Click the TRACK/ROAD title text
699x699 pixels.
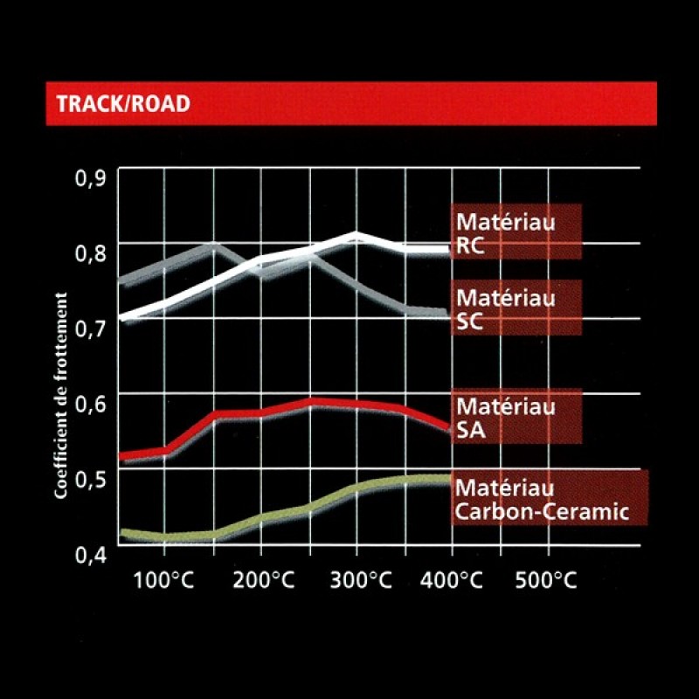(122, 104)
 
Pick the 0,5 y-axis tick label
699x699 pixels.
(91, 478)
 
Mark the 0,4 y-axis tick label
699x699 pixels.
(91, 553)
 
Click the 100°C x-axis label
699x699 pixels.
(165, 582)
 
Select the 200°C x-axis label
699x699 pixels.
(261, 582)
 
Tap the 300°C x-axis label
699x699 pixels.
(356, 582)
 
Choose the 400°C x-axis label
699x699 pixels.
(452, 582)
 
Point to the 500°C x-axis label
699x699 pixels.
(548, 582)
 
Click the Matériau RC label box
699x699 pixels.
(516, 232)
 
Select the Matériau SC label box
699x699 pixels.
(516, 308)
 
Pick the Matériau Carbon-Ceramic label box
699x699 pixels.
(550, 497)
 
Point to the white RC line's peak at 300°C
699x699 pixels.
(356, 234)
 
